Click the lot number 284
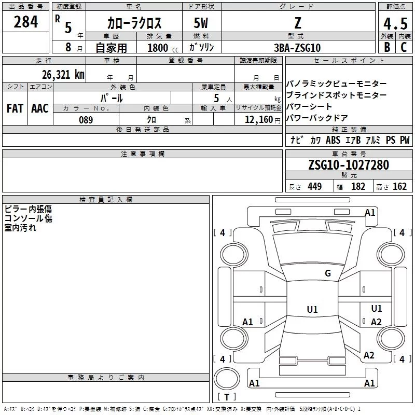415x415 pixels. click(x=25, y=22)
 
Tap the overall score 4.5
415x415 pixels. click(x=395, y=23)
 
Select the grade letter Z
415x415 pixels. click(x=298, y=23)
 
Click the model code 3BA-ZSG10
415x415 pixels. click(x=297, y=48)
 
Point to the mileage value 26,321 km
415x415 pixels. click(x=63, y=75)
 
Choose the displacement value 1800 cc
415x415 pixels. click(x=163, y=48)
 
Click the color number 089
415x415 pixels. click(x=86, y=120)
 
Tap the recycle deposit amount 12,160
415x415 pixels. click(x=259, y=120)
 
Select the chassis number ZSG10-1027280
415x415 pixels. click(x=349, y=165)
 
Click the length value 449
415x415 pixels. click(x=315, y=186)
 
